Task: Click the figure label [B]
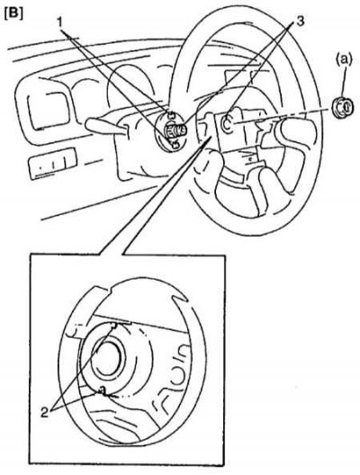point(13,14)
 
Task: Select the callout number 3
point(299,22)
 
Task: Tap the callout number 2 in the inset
point(44,412)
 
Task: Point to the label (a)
point(344,60)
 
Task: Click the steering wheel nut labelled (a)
point(343,107)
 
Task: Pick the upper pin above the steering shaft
point(172,115)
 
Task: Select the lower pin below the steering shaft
point(175,145)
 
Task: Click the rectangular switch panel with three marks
point(52,164)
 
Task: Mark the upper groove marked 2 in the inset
point(113,326)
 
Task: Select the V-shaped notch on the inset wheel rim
point(181,300)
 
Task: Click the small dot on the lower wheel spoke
point(250,157)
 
